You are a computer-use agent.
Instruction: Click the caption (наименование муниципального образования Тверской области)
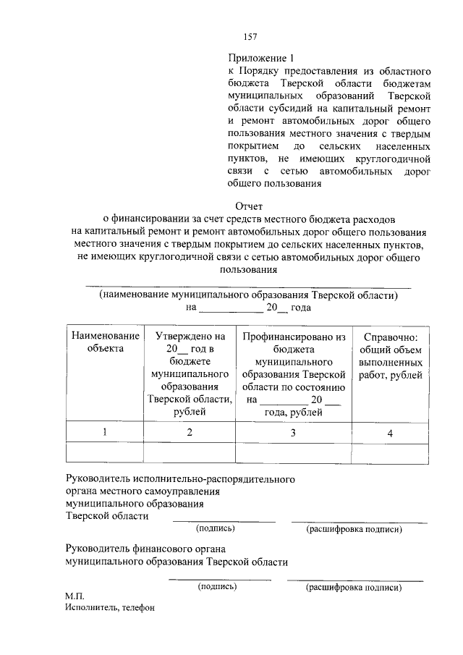[249, 295]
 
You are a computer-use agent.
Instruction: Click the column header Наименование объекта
[105, 342]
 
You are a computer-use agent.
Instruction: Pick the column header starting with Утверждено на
[190, 373]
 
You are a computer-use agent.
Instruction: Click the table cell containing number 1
[105, 432]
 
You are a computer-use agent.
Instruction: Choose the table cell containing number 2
[190, 432]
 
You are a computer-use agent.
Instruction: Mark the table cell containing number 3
[294, 432]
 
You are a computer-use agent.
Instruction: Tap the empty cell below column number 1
[105, 452]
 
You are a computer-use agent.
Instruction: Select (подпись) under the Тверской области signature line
[223, 529]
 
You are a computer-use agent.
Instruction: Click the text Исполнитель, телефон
[109, 608]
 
